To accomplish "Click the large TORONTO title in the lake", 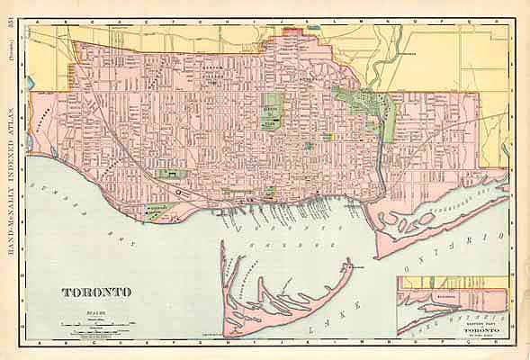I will [x=96, y=292].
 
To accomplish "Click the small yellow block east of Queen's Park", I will [x=327, y=137].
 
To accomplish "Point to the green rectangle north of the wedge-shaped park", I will [x=167, y=174].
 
